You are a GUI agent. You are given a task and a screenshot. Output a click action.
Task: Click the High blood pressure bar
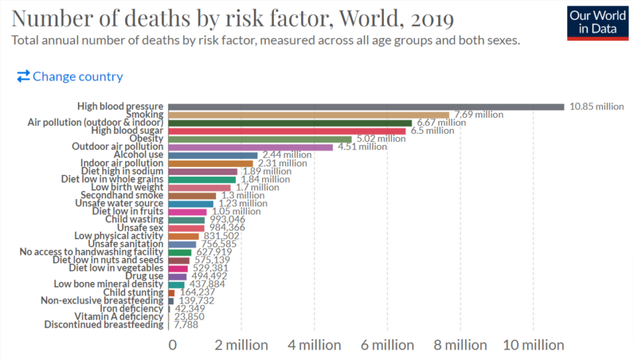point(366,107)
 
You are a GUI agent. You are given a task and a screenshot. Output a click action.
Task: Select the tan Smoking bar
point(308,115)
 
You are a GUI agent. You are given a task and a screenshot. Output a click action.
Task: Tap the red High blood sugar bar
point(287,131)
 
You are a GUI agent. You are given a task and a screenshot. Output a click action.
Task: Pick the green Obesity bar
point(259,139)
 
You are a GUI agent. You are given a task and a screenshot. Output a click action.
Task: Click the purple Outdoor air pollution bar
point(250,147)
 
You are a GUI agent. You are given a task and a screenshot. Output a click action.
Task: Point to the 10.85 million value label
point(596,107)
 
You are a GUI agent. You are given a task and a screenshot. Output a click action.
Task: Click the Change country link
point(70,77)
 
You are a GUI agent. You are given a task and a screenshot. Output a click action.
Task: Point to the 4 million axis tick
point(314,345)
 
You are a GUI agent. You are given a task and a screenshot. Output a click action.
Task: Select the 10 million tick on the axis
point(533,345)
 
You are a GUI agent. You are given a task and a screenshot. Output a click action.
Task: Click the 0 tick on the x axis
point(173,345)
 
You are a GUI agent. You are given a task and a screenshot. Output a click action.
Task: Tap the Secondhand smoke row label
point(118,195)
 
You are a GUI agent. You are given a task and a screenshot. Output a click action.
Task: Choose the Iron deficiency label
point(131,308)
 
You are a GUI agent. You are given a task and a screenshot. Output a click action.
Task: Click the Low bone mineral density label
point(108,284)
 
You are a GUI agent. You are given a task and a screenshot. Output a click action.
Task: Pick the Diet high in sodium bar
point(202,171)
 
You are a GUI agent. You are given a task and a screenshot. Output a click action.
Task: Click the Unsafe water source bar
point(191,203)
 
